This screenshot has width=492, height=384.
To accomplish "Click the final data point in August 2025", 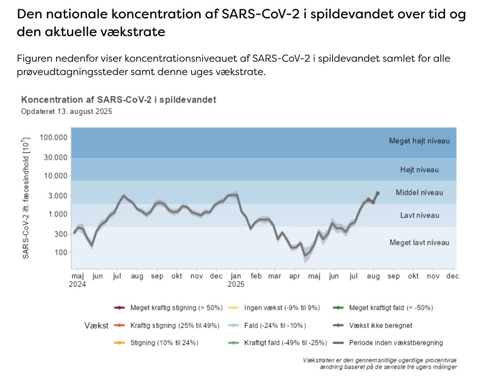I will [x=377, y=193].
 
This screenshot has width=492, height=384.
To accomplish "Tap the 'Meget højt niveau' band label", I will [x=419, y=141].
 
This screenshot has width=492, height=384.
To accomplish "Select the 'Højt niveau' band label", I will [x=419, y=169].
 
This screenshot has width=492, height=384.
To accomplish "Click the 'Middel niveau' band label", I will [x=419, y=192].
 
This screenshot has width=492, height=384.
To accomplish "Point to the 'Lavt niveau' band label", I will [x=419, y=215].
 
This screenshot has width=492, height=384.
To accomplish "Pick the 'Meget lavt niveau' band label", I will [x=419, y=242].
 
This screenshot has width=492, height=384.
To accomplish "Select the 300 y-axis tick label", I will [x=61, y=234].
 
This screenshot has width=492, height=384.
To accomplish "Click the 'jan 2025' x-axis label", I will [x=236, y=280].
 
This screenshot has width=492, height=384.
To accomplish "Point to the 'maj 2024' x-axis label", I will [x=77, y=280].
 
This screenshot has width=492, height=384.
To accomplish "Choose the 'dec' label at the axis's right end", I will [x=452, y=277].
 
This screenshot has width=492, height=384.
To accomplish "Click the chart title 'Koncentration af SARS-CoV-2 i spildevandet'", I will [x=118, y=100].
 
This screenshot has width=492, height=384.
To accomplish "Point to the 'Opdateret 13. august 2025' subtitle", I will [x=67, y=111].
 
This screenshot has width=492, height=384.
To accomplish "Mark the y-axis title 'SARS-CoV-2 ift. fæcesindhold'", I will [x=25, y=199].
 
